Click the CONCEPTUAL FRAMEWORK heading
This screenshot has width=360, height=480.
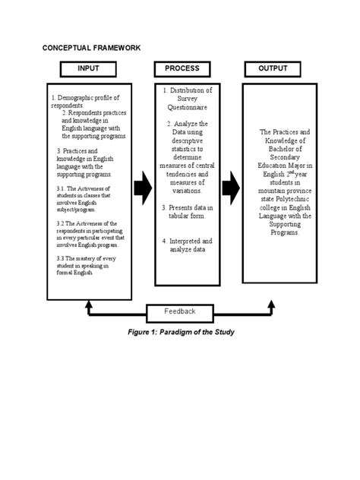click(90, 48)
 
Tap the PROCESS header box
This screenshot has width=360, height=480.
click(186, 69)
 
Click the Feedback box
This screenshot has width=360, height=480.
click(179, 311)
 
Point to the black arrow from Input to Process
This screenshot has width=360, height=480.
click(142, 188)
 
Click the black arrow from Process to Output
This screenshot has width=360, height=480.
click(230, 188)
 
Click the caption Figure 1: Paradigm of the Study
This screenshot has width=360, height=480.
click(179, 332)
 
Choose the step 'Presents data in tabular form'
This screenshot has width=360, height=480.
click(188, 212)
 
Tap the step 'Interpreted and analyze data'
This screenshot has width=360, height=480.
click(188, 245)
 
